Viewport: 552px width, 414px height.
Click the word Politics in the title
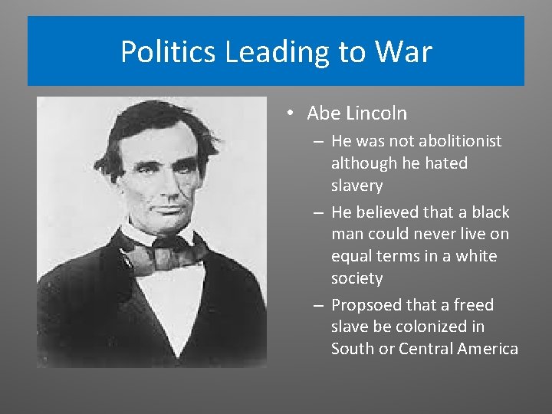[x=169, y=52]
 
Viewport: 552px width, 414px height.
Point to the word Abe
[x=323, y=113]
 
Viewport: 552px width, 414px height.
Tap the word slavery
[x=356, y=186]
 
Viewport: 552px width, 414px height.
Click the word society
[x=356, y=278]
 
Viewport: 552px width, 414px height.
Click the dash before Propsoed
[x=317, y=305]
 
